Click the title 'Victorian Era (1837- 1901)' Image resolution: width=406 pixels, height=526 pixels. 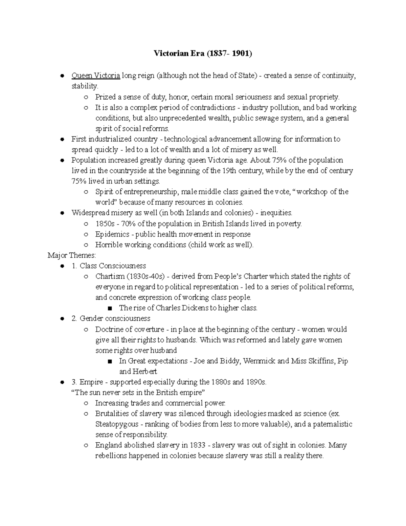pos(203,54)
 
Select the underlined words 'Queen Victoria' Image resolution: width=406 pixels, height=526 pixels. pos(96,76)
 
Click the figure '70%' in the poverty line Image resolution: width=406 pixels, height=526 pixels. pos(129,224)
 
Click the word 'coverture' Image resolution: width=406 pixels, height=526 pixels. pos(149,329)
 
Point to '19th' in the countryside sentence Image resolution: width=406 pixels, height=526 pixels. pos(229,171)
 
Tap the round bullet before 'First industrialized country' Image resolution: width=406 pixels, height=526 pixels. pos(62,139)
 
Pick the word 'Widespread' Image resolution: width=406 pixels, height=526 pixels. pos(90,213)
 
